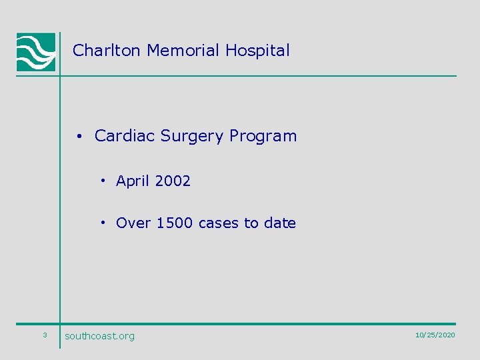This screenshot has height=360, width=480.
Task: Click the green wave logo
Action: click(x=36, y=52)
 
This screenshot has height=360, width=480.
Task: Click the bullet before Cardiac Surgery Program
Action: click(x=79, y=137)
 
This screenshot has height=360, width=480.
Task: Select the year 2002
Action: click(x=173, y=181)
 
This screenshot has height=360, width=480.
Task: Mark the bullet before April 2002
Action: click(x=104, y=181)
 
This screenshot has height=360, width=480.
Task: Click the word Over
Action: click(x=133, y=223)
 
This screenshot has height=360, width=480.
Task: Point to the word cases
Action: click(x=220, y=224)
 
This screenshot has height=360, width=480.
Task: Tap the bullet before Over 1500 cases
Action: click(x=104, y=223)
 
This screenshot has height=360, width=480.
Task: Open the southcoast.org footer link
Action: click(x=99, y=336)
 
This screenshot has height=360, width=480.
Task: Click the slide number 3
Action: click(x=45, y=335)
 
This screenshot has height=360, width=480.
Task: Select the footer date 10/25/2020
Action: click(x=435, y=335)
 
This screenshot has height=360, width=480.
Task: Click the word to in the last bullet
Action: click(x=252, y=223)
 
